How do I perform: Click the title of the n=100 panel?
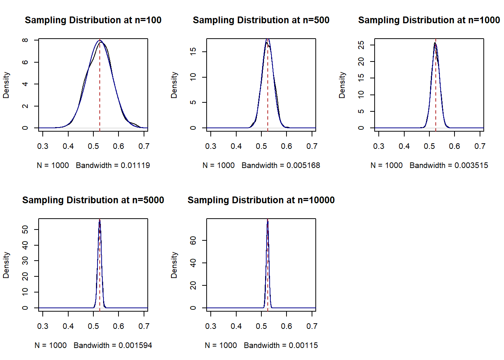[x=93, y=20]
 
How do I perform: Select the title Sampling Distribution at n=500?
[x=261, y=20]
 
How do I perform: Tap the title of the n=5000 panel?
[x=93, y=200]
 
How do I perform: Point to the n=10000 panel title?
[x=261, y=200]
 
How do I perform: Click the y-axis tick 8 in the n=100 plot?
[x=25, y=40]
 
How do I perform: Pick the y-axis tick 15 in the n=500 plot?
[x=193, y=51]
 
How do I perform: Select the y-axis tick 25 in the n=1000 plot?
[x=361, y=45]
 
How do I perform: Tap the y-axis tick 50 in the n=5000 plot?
[x=25, y=229]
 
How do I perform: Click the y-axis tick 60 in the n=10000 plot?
[x=193, y=240]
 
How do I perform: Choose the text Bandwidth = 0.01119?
[x=113, y=165]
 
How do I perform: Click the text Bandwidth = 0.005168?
[x=281, y=165]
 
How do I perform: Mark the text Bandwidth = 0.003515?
[x=449, y=165]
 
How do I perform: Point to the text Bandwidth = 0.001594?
[x=113, y=345]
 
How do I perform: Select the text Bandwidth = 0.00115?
[x=281, y=345]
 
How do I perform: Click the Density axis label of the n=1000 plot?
[x=342, y=85]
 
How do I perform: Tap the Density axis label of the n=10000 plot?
[x=174, y=265]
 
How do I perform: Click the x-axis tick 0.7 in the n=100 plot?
[x=144, y=146]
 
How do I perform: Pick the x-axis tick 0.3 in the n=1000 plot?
[x=379, y=146]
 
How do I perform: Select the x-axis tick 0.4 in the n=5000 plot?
[x=68, y=326]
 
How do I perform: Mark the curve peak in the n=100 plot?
[x=100, y=40]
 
